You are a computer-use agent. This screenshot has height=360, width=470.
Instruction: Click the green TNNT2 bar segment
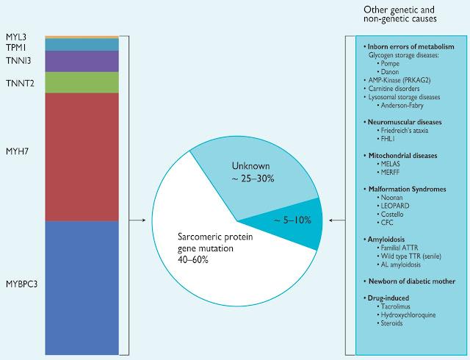point(82,82)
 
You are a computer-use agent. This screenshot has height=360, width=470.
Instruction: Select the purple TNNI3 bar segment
point(82,61)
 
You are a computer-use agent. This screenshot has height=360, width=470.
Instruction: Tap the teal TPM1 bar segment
point(82,44)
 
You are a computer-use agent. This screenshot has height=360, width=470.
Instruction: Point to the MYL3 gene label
point(16,37)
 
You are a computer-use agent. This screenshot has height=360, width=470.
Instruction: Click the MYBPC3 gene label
point(21,284)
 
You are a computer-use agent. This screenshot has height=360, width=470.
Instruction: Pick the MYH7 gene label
point(17,151)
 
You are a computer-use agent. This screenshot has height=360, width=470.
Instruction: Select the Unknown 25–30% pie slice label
point(253,172)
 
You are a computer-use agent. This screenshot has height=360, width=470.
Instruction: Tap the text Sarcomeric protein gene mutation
point(215,242)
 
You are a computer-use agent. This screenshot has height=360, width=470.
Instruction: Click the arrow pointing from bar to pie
point(137,220)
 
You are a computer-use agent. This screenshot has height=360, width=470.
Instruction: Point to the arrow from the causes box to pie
point(337,220)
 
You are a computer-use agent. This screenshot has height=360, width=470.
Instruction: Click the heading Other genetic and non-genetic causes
point(399,14)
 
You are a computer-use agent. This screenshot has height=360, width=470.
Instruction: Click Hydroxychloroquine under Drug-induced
point(407,315)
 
